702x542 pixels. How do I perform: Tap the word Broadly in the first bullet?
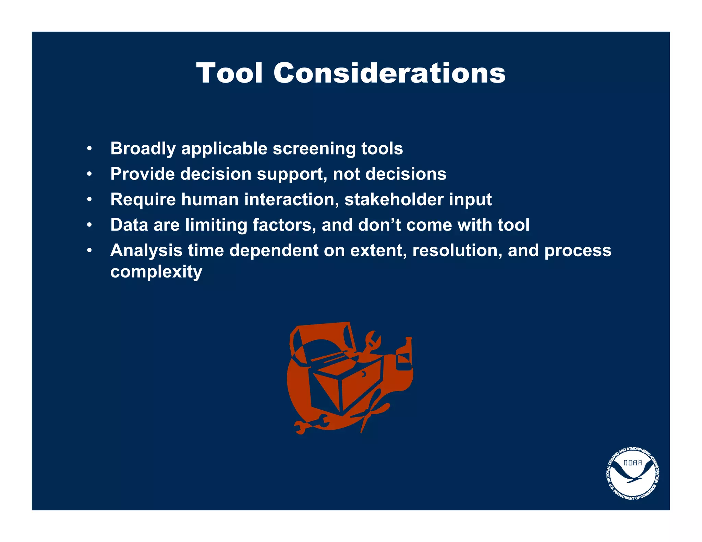(143, 149)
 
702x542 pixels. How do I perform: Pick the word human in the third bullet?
(210, 199)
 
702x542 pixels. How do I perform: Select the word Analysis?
(146, 250)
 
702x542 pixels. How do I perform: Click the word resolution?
(457, 250)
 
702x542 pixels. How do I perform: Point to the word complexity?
(156, 272)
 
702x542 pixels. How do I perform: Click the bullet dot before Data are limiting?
(89, 225)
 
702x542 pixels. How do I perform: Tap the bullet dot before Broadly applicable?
(89, 149)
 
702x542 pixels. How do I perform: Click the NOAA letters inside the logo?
(632, 463)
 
